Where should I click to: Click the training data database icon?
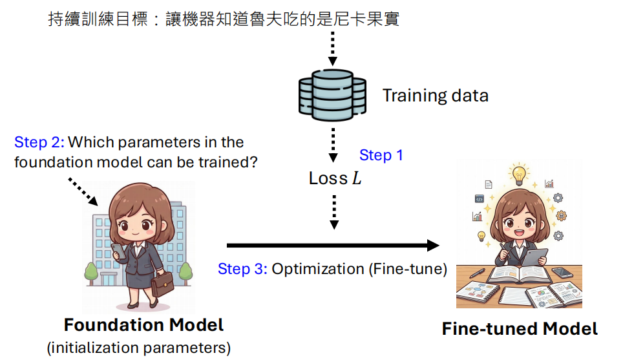tap(332, 95)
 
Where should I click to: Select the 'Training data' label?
tap(436, 96)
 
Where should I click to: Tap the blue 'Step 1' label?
tap(381, 155)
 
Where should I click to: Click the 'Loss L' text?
tap(335, 178)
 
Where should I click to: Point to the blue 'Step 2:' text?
tap(39, 142)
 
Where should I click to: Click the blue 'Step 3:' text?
tap(242, 269)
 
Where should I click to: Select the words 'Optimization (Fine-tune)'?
tap(359, 270)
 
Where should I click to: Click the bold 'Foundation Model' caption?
tap(143, 325)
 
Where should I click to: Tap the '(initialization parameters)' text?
tap(139, 348)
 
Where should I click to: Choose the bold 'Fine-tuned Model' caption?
tap(520, 328)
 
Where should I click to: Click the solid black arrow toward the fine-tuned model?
tap(333, 245)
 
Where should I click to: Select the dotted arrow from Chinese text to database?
tap(332, 48)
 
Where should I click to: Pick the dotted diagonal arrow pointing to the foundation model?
tap(83, 192)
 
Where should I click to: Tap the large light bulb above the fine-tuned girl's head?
tap(519, 175)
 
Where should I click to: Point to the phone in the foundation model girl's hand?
tap(118, 251)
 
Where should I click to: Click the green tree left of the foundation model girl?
tap(91, 273)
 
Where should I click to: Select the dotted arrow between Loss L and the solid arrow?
tap(334, 212)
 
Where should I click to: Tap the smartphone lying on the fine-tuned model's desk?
tap(562, 273)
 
